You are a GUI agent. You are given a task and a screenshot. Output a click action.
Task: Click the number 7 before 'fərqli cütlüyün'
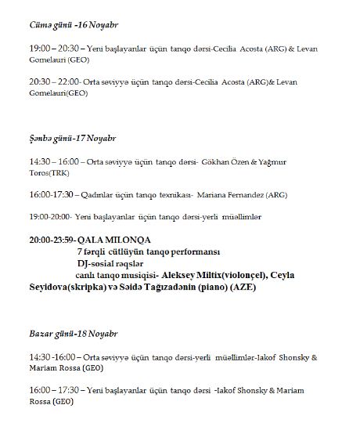pos(79,251)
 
